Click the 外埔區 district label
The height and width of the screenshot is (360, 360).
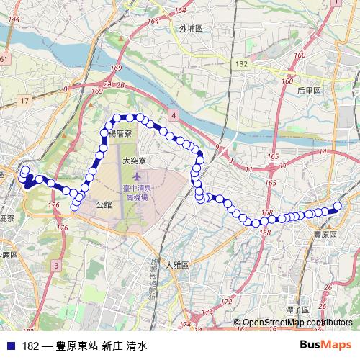coord(191,29)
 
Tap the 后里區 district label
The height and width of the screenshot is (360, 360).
coord(313,91)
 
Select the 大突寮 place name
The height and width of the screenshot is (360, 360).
coord(135,161)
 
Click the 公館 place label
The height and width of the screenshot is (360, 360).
coord(104,204)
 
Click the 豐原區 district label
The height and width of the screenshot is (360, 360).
coord(326,235)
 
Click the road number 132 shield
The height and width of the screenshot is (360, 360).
coord(241,64)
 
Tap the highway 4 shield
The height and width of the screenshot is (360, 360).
coord(174,114)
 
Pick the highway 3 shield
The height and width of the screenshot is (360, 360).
coord(55,266)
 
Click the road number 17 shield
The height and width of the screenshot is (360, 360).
coord(25,101)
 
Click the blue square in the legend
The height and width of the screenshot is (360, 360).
coord(10,346)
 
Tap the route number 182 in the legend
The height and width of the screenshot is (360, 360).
coord(30,346)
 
